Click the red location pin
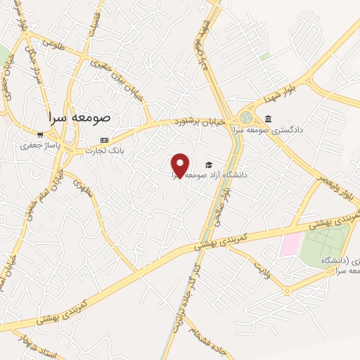[x=181, y=165]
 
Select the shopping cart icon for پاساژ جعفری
[x=39, y=134]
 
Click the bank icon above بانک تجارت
[x=105, y=139]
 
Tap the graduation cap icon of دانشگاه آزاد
[x=208, y=165]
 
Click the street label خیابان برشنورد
[x=205, y=120]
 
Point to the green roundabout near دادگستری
[x=246, y=118]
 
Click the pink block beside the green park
[x=289, y=245]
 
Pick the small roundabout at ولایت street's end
[x=288, y=290]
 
